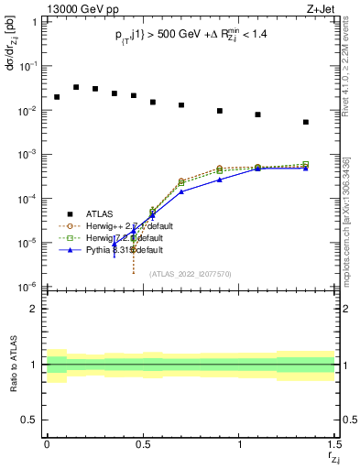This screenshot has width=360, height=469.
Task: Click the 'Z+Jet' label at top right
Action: (320, 8)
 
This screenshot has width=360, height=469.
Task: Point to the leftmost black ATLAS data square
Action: (57, 97)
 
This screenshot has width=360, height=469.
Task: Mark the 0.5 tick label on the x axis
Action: (143, 446)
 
